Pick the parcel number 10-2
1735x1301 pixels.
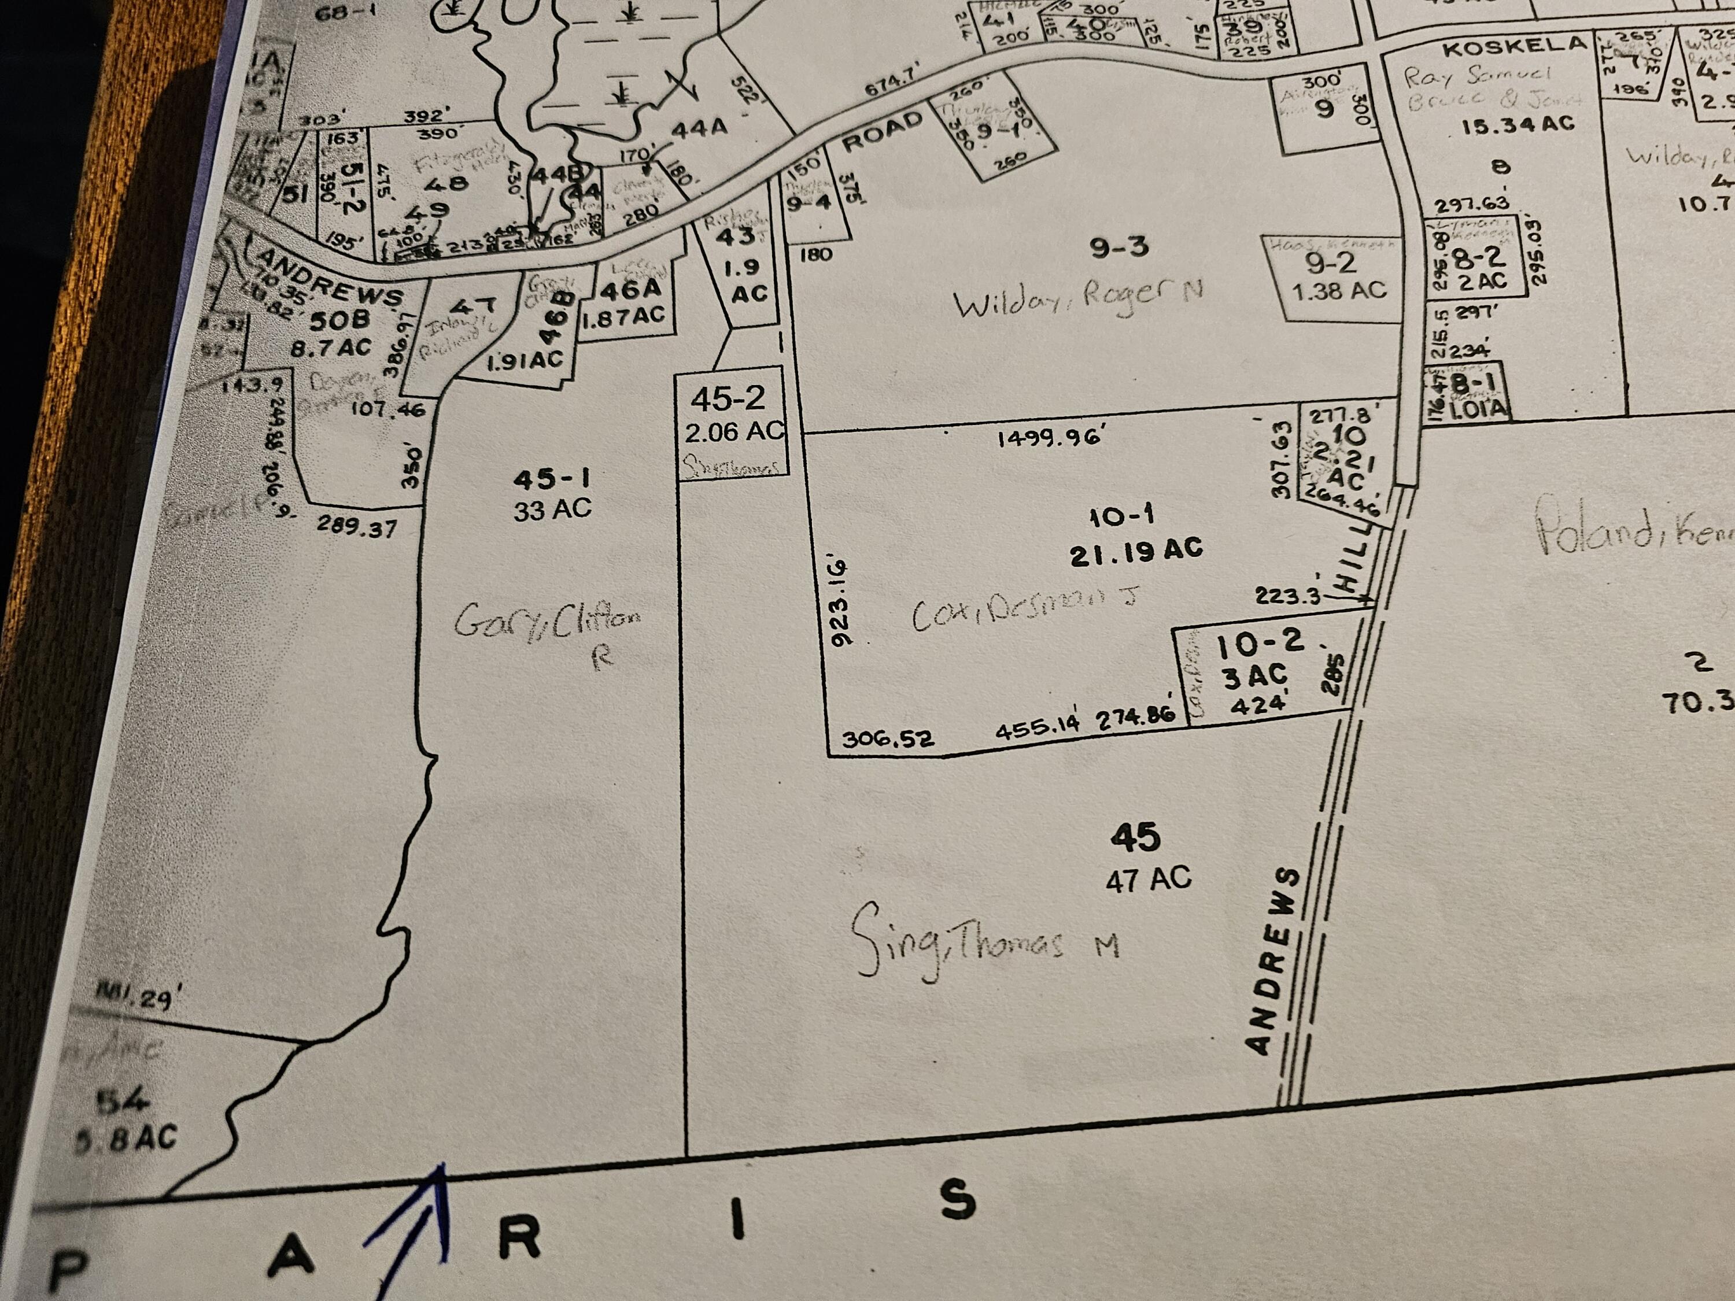point(1260,645)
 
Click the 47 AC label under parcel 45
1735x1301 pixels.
point(1147,878)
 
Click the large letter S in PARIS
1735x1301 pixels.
point(958,1200)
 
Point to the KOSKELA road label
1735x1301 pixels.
point(1514,47)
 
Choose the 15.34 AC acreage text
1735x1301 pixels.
point(1518,125)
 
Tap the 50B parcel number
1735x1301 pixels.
point(339,320)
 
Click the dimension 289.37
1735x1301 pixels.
point(357,526)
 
